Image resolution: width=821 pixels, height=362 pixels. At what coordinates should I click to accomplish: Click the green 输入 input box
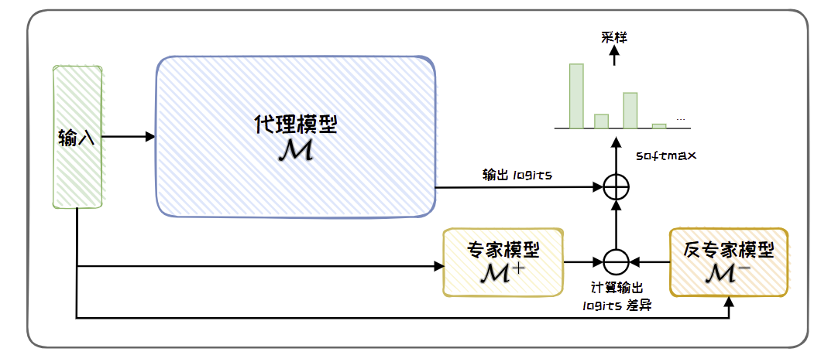click(x=77, y=137)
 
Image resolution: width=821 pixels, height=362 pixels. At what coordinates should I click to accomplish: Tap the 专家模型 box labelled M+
click(x=503, y=261)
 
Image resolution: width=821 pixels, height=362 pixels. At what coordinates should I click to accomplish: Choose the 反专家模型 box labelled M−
click(x=728, y=261)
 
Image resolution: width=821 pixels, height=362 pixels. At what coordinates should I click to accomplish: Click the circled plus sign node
click(x=617, y=186)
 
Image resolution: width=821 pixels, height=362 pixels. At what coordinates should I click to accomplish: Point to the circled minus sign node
click(x=617, y=261)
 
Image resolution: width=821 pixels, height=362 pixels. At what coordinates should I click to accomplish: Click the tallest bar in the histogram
click(x=576, y=95)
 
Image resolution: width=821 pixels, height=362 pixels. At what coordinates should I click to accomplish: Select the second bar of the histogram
click(x=601, y=121)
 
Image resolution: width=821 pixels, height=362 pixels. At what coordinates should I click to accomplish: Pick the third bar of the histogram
click(x=630, y=110)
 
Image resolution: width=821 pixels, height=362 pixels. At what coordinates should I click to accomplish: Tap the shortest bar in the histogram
click(x=658, y=125)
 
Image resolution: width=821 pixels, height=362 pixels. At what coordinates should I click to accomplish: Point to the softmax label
click(x=666, y=155)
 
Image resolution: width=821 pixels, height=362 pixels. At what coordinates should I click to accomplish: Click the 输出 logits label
click(x=517, y=175)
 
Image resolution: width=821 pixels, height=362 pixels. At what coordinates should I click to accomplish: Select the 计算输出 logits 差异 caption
click(x=617, y=295)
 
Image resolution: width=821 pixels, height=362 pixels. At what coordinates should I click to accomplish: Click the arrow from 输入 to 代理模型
click(x=129, y=137)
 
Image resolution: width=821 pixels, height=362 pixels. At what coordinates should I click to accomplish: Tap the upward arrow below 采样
click(x=615, y=54)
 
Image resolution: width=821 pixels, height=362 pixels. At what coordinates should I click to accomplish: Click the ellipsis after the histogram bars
click(x=680, y=119)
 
